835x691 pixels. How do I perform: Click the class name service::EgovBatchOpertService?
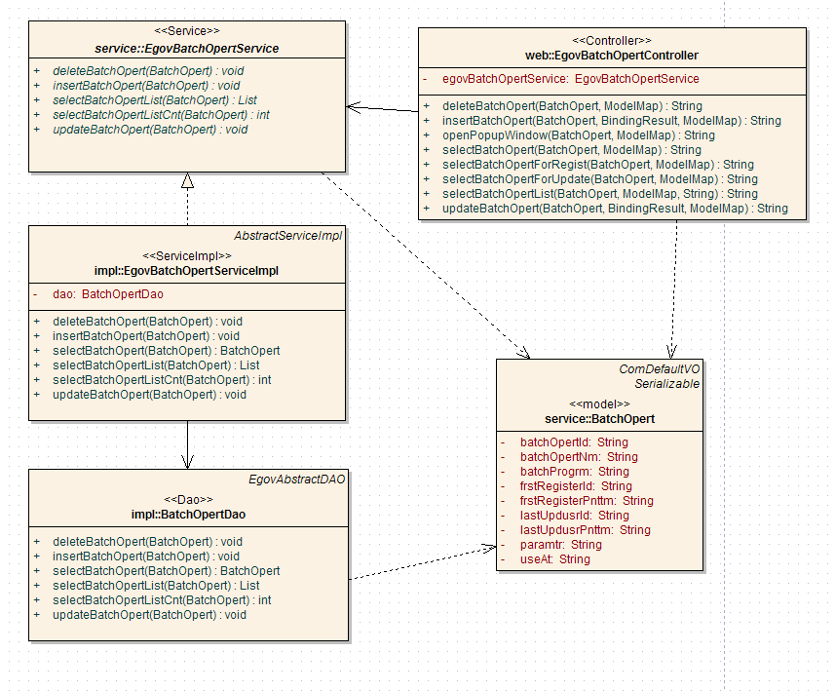coord(187,49)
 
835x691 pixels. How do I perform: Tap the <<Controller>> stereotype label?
coord(611,41)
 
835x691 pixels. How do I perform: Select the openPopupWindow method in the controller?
coord(578,135)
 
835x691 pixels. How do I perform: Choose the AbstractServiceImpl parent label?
coord(287,236)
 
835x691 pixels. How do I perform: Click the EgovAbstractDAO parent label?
coord(296,480)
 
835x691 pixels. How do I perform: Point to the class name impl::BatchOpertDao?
coord(187,514)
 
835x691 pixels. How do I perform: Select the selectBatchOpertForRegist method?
coord(597,165)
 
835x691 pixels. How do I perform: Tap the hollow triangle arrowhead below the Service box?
coord(187,180)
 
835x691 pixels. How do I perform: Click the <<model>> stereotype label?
coord(599,403)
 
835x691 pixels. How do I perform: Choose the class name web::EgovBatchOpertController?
coord(611,56)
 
